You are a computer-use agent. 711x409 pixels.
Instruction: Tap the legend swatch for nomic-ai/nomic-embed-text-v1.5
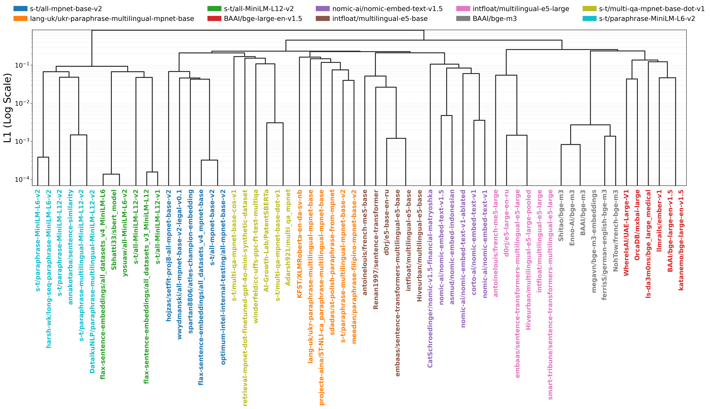click(323, 9)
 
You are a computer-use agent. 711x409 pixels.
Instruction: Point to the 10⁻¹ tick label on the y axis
click(22, 65)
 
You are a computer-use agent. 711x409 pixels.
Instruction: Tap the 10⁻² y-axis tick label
click(22, 103)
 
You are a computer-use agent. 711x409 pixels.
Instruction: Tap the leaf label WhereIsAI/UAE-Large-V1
click(626, 233)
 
